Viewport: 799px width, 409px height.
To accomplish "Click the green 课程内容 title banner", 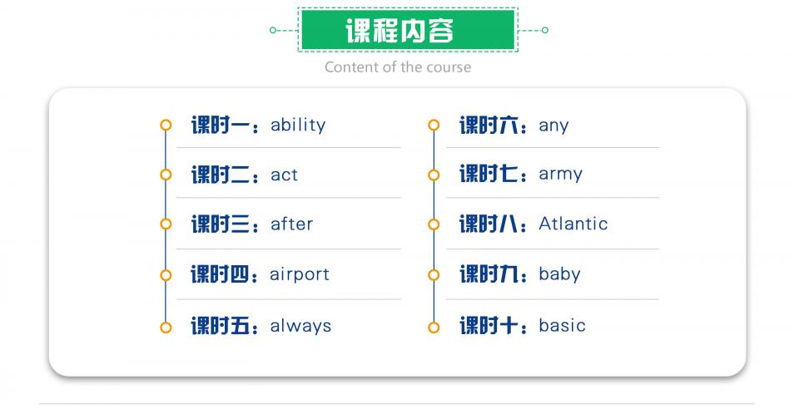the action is pos(408,29).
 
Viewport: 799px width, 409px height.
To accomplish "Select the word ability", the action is pos(298,126).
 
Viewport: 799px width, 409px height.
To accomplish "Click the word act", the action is pos(284,175).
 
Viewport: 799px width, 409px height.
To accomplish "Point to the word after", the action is pos(291,224).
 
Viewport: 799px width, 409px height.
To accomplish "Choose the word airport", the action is pos(300,275).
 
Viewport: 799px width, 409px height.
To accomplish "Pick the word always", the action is pos(300,326).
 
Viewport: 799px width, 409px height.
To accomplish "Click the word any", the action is pos(553,126).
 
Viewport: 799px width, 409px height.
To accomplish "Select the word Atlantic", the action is pos(573,224).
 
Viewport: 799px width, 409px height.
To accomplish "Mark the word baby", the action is pos(559,274).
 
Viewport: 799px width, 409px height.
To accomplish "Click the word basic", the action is pos(562,325).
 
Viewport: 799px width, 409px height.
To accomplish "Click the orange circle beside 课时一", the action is pos(166,126).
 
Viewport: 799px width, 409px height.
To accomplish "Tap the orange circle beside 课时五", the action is pos(166,328).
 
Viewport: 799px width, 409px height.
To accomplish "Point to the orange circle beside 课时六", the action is pos(434,126).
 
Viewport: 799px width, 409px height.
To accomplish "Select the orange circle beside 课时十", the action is pos(434,328).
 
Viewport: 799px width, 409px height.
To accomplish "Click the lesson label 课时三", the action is pos(221,224).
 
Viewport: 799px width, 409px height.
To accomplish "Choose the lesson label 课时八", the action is pos(489,224).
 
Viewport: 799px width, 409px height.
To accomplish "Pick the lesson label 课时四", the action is pos(220,274).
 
